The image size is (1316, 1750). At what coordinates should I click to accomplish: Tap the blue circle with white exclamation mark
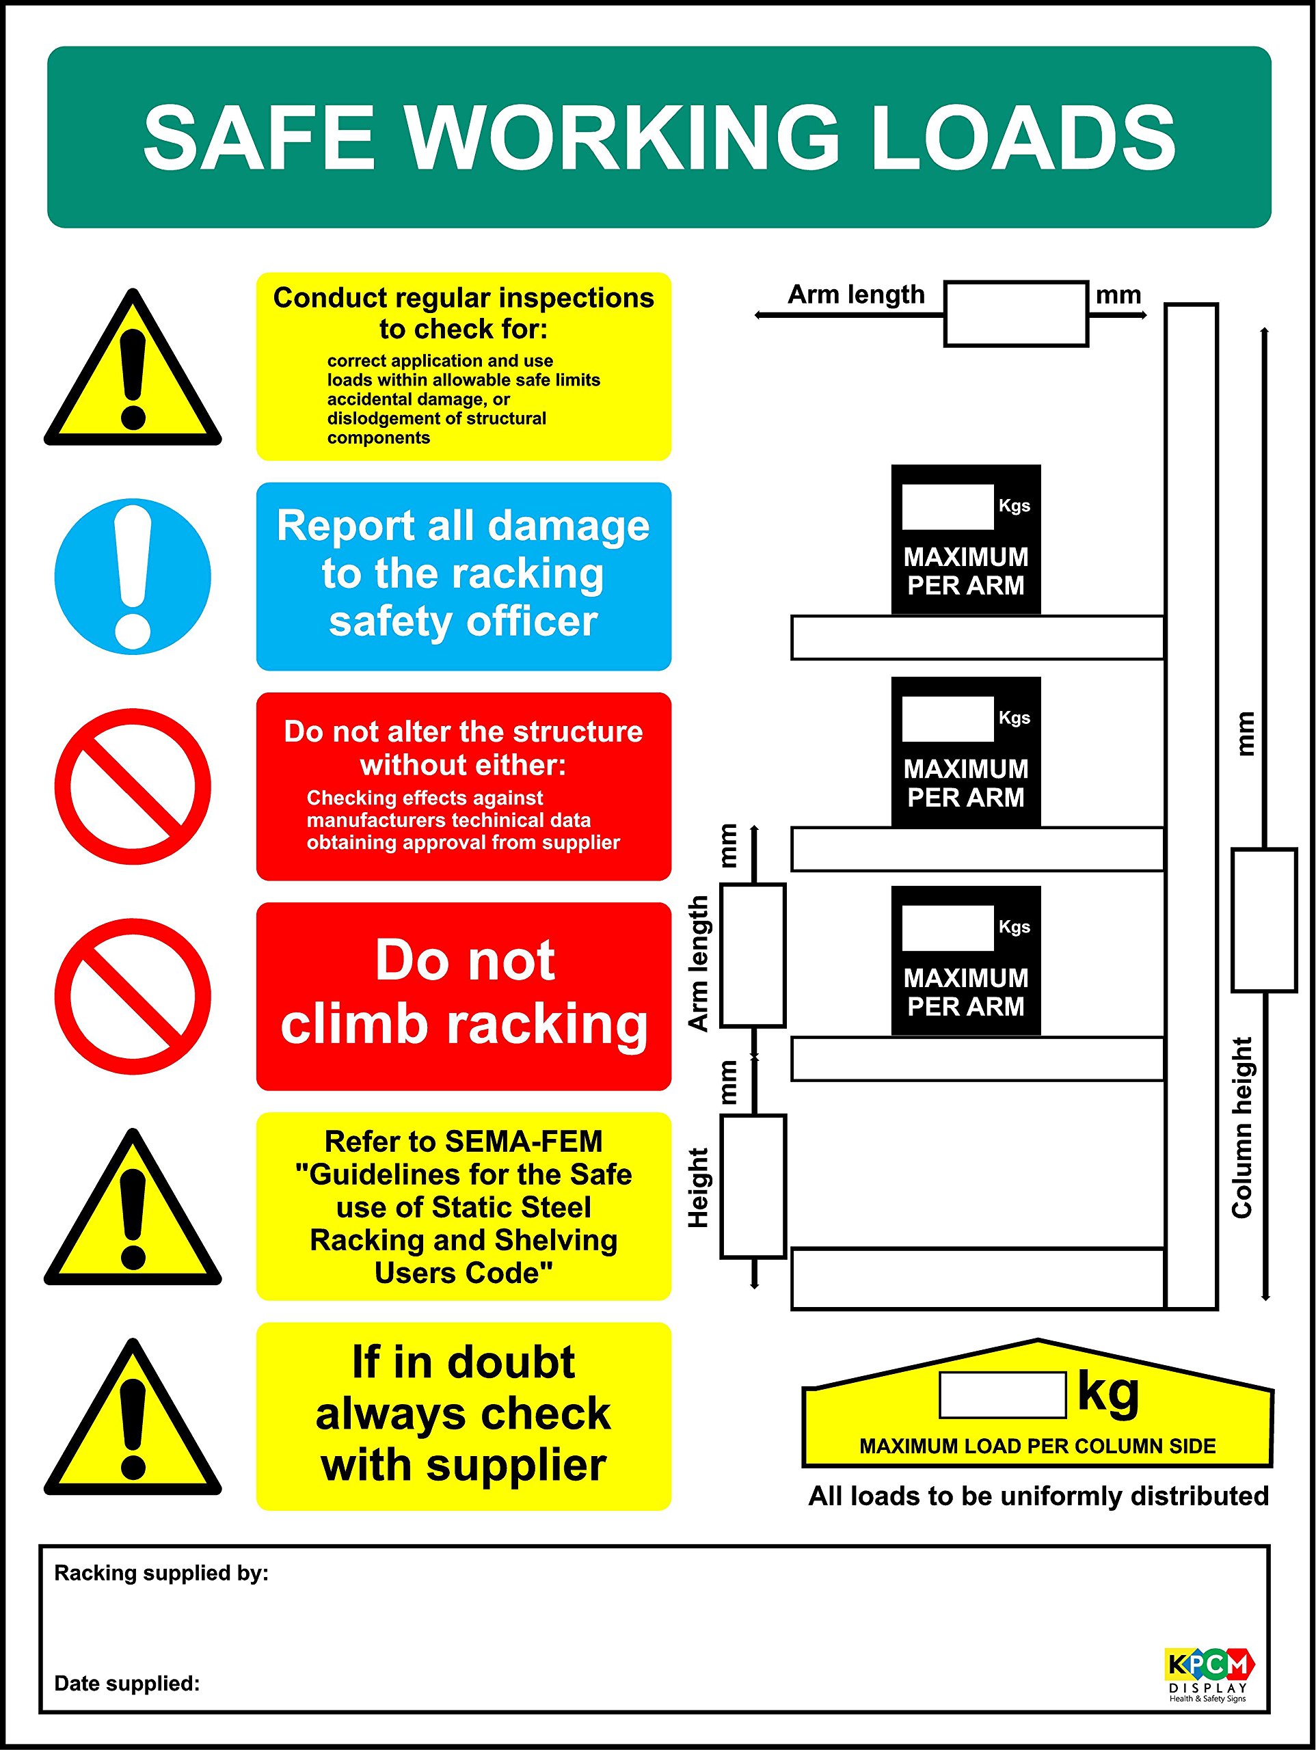pyautogui.click(x=133, y=576)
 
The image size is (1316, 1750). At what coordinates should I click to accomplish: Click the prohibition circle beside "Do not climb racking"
pyautogui.click(x=133, y=996)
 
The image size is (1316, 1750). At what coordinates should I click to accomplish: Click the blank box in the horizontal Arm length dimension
pyautogui.click(x=1015, y=314)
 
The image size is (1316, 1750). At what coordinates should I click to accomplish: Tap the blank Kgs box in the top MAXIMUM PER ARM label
pyautogui.click(x=948, y=507)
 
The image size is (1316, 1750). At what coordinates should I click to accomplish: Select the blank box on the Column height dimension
pyautogui.click(x=1264, y=920)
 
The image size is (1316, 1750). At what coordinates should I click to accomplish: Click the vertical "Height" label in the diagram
pyautogui.click(x=698, y=1187)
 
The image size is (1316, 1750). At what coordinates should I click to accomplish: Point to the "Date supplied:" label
pyautogui.click(x=126, y=1683)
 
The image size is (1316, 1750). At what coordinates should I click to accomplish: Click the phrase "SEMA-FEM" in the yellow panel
pyautogui.click(x=524, y=1141)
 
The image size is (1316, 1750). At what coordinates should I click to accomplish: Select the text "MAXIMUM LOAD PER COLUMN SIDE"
pyautogui.click(x=1036, y=1446)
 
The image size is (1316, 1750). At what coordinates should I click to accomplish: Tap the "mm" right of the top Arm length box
pyautogui.click(x=1117, y=295)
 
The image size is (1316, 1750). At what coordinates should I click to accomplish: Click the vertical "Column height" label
pyautogui.click(x=1242, y=1127)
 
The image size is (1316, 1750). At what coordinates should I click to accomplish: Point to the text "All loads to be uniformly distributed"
pyautogui.click(x=1038, y=1496)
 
